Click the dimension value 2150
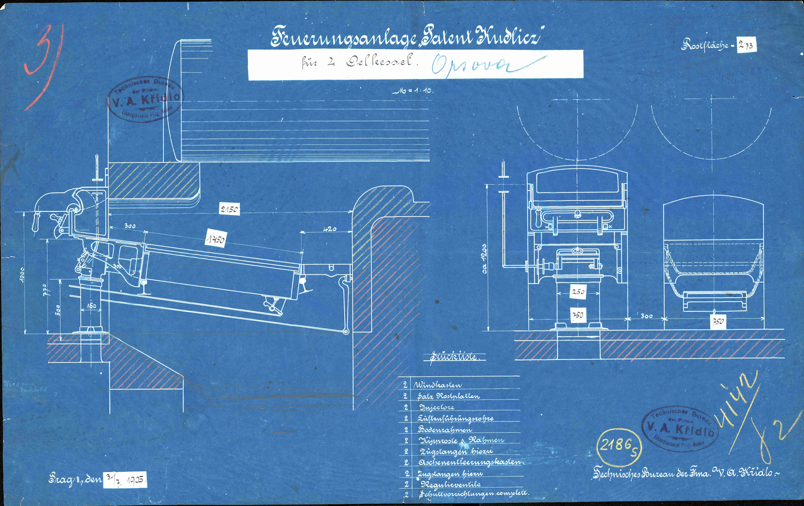(229, 209)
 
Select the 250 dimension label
(578, 292)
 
